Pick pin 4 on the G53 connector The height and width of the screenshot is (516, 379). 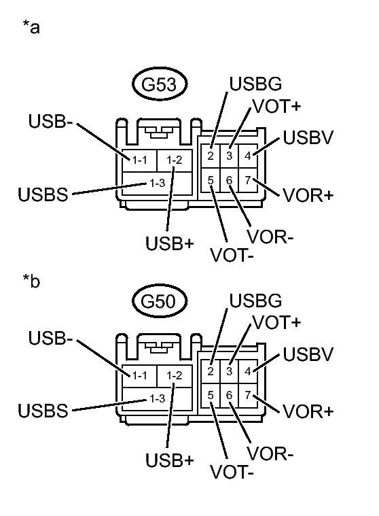(x=248, y=156)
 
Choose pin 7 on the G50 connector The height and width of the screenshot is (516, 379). (x=248, y=395)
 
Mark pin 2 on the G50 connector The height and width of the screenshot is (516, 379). (x=212, y=371)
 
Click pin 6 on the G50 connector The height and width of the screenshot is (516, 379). (x=230, y=395)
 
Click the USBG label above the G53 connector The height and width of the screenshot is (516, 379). (x=255, y=85)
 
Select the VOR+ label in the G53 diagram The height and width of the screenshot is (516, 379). (x=308, y=195)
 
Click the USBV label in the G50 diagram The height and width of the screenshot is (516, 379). (x=308, y=354)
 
